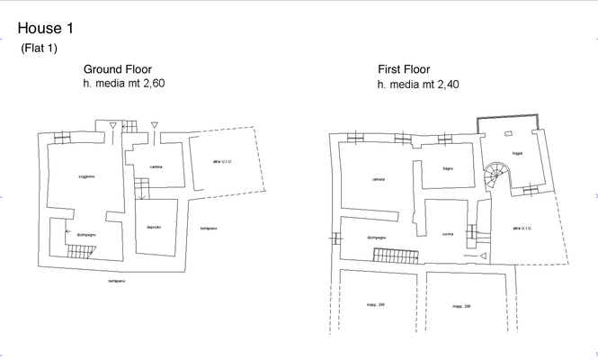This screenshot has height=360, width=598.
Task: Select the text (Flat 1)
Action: [38, 49]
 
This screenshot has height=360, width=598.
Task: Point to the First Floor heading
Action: [404, 69]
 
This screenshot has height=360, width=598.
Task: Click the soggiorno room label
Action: [86, 175]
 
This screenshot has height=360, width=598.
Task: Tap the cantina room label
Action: [156, 166]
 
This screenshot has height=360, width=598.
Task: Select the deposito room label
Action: [154, 226]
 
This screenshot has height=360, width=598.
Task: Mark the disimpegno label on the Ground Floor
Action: [86, 234]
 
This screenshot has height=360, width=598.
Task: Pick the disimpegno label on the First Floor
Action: [377, 237]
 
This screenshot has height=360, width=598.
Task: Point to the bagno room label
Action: [447, 168]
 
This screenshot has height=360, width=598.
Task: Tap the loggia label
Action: [517, 153]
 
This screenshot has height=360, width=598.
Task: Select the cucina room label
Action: [447, 234]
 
